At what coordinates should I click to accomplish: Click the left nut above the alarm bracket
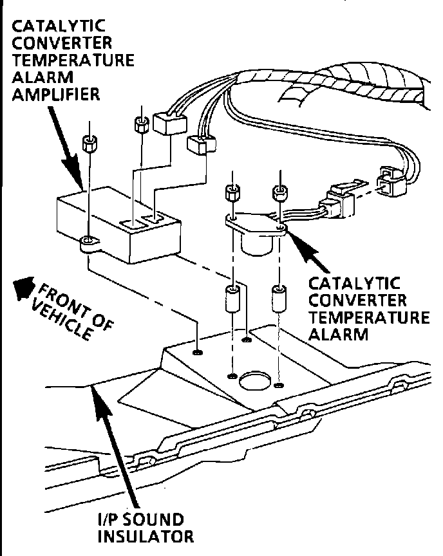232,192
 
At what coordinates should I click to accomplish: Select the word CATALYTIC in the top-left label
50,28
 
